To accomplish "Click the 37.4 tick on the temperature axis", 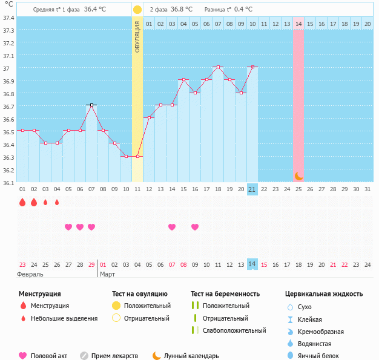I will point(8,18).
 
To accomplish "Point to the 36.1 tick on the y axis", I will point(8,183).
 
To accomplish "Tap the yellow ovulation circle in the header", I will point(137,10).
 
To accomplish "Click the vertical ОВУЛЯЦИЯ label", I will point(137,36).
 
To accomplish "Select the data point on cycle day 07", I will point(91,105).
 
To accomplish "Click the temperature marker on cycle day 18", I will point(218,67).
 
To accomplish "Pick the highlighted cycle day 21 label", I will point(252,189).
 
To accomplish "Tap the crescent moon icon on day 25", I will point(298,175).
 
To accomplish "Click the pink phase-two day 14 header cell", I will point(298,24).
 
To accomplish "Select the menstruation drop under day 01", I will point(22,203).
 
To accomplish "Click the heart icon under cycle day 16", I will point(195,227).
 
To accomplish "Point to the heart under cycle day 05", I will point(68,227).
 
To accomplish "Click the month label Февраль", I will point(31,275).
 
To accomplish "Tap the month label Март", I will point(107,275).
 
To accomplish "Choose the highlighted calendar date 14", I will point(252,264).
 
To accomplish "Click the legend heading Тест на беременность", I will point(225,294).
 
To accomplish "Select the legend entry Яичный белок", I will point(318,356).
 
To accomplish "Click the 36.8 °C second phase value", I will point(181,10).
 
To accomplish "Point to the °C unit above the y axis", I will point(8,5).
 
